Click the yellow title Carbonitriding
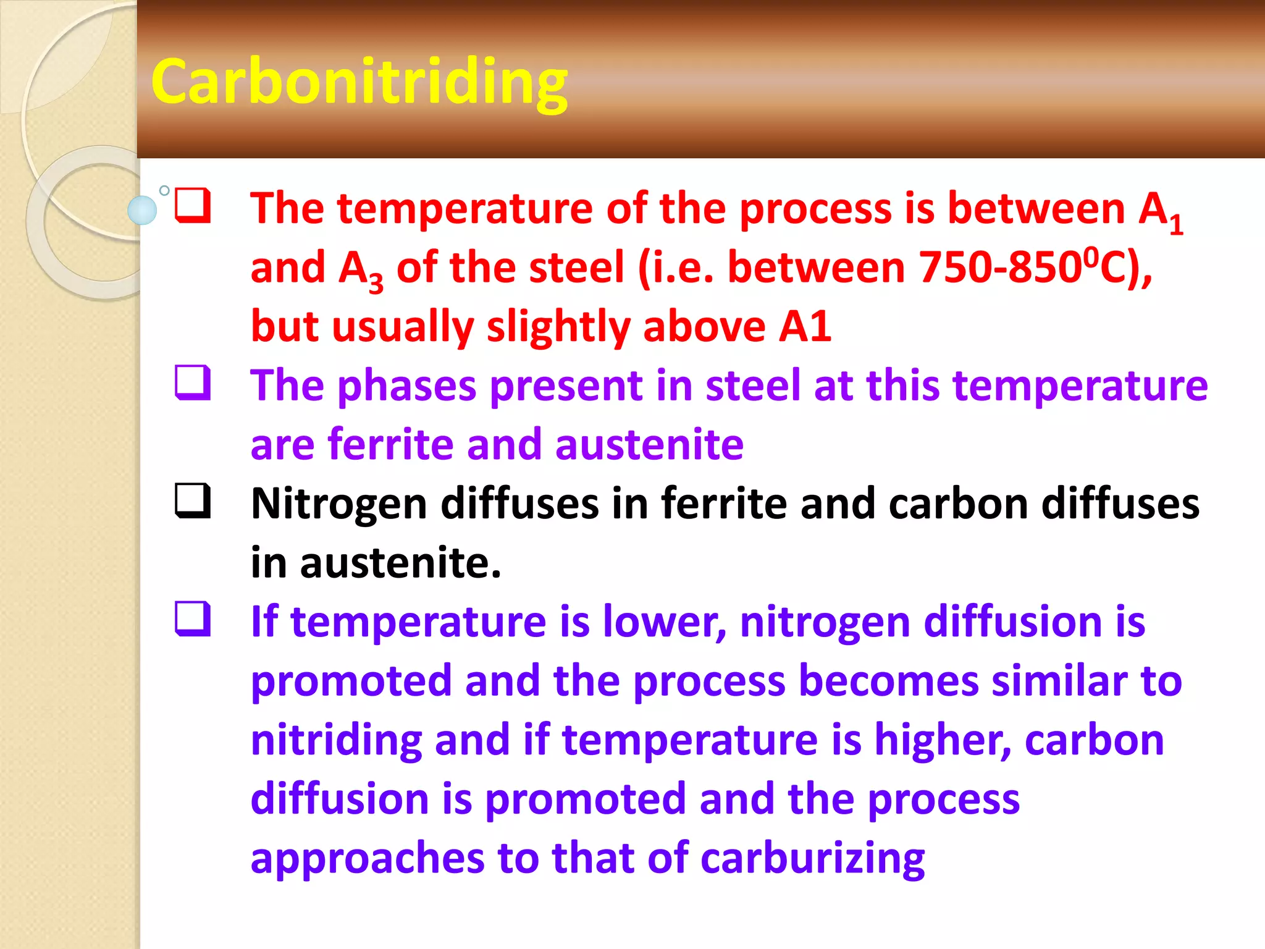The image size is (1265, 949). click(x=359, y=82)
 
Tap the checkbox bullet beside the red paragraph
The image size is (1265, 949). click(x=193, y=206)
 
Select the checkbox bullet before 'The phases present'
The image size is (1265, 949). click(x=193, y=383)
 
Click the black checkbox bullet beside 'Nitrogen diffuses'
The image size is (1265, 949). click(x=193, y=500)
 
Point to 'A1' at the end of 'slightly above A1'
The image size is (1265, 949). click(x=805, y=326)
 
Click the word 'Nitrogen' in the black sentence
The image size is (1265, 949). click(x=339, y=504)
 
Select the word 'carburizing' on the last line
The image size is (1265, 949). click(x=812, y=858)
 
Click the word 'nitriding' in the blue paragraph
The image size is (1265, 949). click(x=336, y=740)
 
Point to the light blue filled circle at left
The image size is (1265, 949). click(x=142, y=210)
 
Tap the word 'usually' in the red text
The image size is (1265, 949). click(x=403, y=327)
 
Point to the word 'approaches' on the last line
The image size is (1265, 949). click(x=368, y=858)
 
